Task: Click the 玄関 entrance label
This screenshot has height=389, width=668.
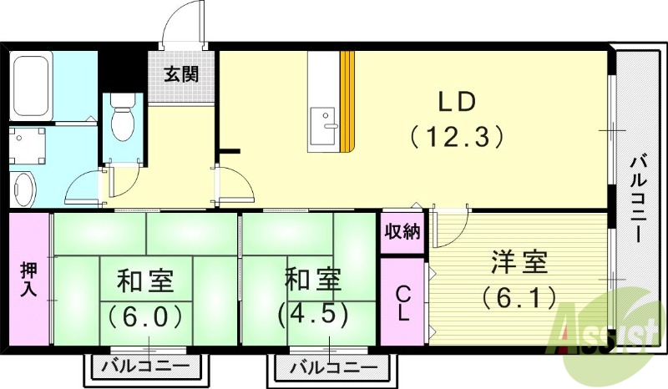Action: pos(181,74)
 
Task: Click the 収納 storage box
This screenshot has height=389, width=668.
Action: pos(402,231)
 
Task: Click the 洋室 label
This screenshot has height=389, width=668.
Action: pos(519,262)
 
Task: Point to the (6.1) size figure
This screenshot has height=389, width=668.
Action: pos(519,296)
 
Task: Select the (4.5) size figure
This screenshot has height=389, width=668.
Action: pos(312,312)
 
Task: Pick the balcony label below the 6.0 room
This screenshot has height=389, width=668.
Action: pos(145,366)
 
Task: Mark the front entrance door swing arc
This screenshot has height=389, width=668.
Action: pos(179,26)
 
